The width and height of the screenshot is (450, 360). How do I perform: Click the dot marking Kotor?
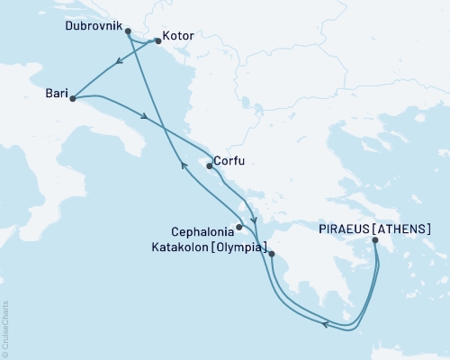(158, 40)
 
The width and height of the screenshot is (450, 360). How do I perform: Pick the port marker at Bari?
(71, 97)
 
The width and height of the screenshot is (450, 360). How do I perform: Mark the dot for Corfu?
(209, 166)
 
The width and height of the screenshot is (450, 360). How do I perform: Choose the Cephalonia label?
(202, 229)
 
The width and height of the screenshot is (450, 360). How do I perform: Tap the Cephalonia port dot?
(238, 228)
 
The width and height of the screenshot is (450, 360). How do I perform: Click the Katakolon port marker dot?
(271, 255)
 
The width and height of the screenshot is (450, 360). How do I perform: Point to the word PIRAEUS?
(346, 229)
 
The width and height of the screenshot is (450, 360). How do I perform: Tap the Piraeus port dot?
(375, 240)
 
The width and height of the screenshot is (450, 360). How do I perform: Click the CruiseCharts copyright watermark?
(5, 328)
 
